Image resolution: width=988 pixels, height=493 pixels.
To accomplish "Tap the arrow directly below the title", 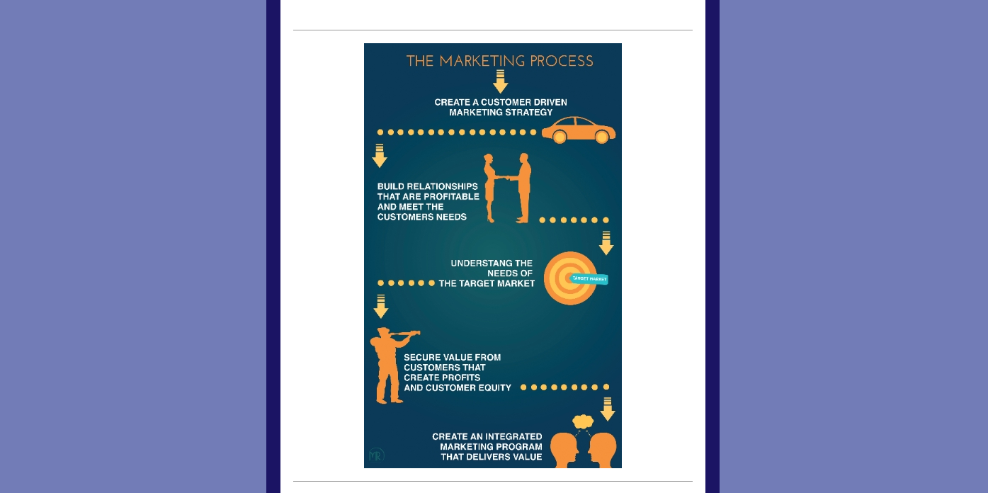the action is (500, 81).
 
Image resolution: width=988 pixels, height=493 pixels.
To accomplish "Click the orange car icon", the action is (578, 130).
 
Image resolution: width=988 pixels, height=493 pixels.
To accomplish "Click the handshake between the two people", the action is (506, 178).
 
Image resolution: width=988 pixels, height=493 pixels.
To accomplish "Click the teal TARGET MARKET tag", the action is (589, 278).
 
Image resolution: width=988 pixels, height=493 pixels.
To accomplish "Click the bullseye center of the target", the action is (569, 278).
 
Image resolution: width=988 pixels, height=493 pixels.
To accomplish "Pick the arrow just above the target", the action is (606, 243).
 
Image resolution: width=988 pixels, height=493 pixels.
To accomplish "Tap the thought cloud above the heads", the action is (583, 421).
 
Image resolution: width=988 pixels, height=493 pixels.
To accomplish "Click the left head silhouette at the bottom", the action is (564, 450).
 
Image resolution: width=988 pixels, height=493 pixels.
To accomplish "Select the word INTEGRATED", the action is (516, 436).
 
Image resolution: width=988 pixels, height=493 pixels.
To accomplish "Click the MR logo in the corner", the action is (376, 455).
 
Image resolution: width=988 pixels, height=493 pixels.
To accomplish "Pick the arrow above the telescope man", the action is (380, 307).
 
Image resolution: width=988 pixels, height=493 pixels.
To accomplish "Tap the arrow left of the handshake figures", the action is (380, 156).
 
